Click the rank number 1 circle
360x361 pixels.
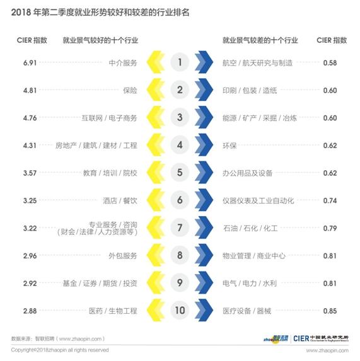[180, 62]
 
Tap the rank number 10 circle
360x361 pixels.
[180, 311]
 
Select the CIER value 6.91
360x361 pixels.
[30, 63]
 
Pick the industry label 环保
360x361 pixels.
[229, 146]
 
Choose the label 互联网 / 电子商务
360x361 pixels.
[110, 118]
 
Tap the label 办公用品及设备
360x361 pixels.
[248, 173]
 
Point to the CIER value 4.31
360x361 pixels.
[30, 146]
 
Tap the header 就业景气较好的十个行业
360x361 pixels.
[100, 40]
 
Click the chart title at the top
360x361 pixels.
[112, 12]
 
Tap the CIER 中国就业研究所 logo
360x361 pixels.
[322, 338]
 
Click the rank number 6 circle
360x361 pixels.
[180, 200]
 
